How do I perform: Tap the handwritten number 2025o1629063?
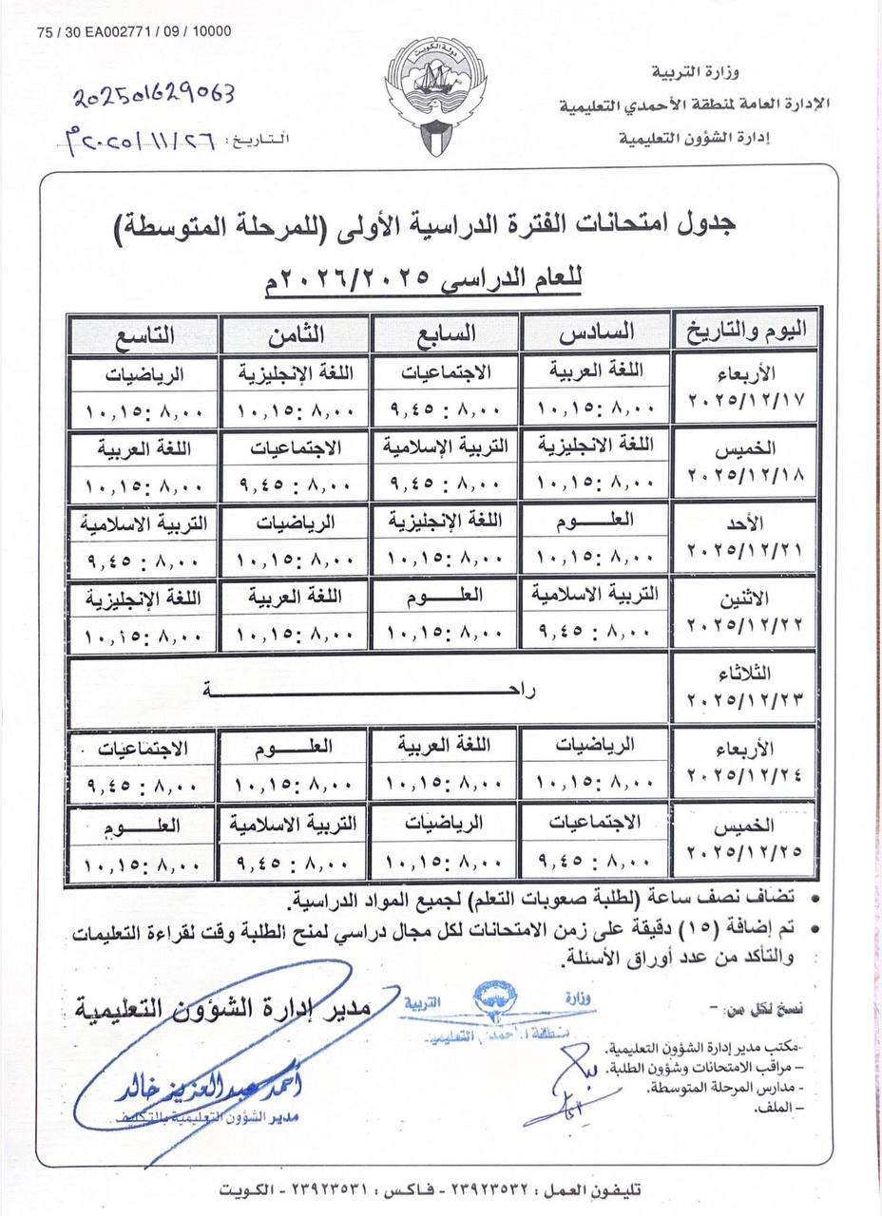coord(154,93)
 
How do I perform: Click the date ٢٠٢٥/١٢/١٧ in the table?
coord(745,400)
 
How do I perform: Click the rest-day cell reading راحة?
coord(371,691)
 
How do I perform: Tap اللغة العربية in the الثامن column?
coord(295,597)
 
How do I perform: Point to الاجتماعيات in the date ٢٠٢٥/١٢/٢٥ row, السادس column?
coord(595,823)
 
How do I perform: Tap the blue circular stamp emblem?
coord(496,998)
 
